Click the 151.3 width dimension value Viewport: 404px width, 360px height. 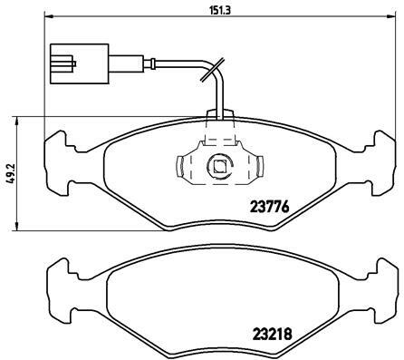(x=220, y=10)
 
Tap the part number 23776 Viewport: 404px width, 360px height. (x=270, y=208)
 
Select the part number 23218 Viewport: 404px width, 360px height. (x=272, y=334)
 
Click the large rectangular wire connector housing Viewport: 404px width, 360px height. (x=79, y=63)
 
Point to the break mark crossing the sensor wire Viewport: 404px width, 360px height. (x=213, y=70)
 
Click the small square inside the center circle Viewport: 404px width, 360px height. (x=219, y=166)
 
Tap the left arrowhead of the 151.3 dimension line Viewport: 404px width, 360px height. (x=49, y=17)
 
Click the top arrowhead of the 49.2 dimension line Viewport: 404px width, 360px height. (x=17, y=122)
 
